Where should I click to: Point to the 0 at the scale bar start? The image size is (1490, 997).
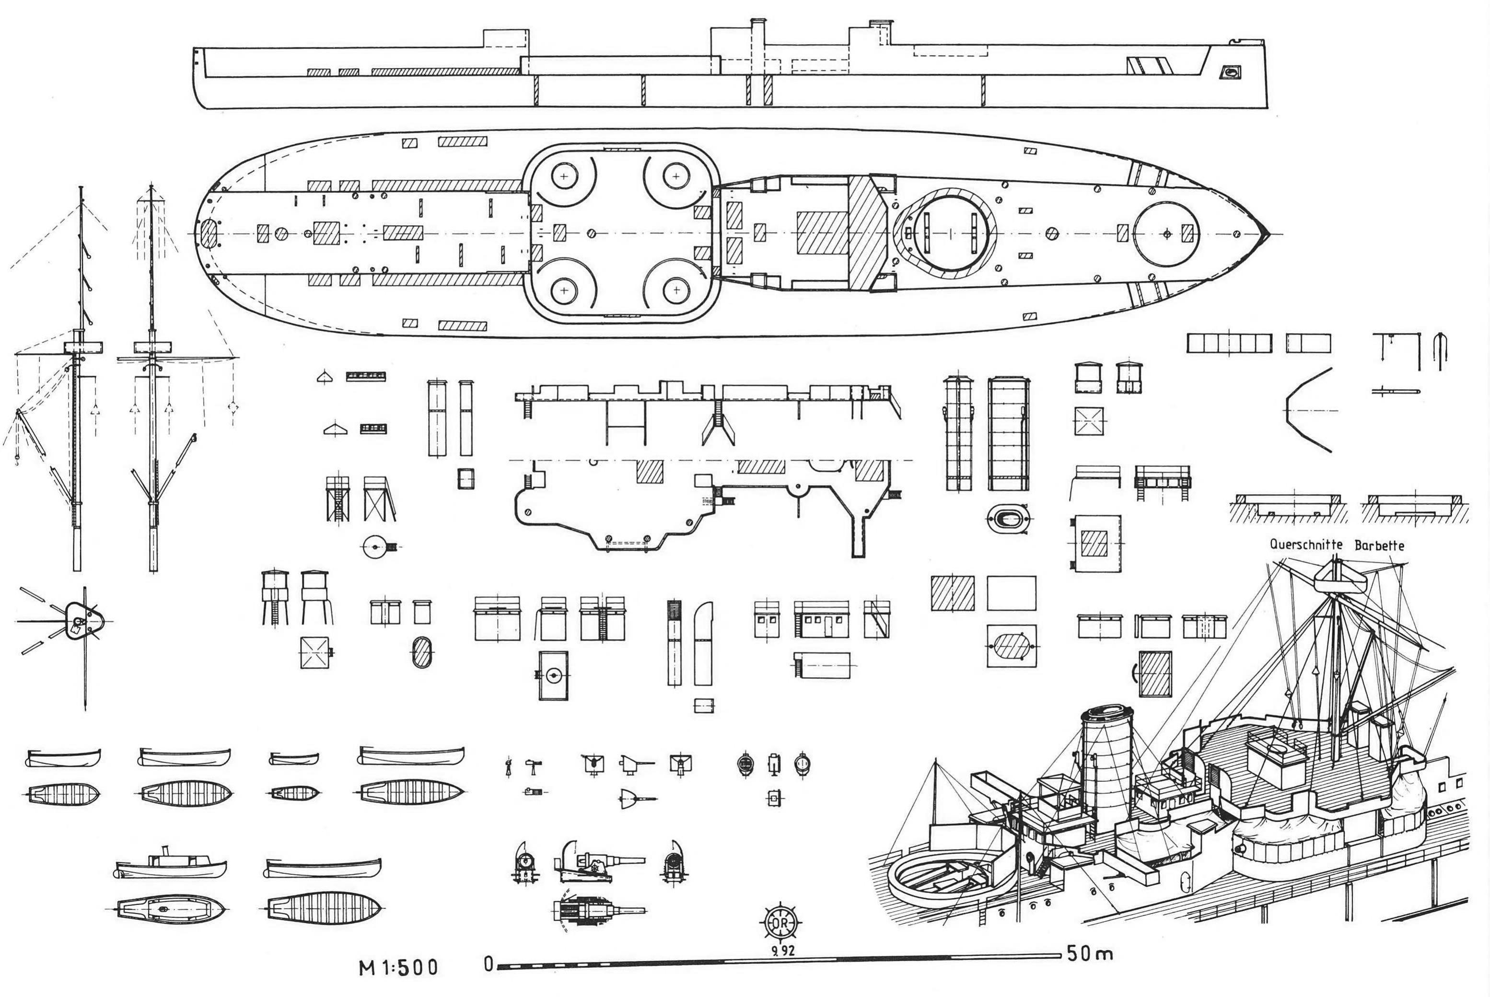click(x=488, y=964)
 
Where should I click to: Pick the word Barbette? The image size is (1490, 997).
click(x=1379, y=545)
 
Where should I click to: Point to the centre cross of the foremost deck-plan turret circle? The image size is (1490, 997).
click(x=1166, y=234)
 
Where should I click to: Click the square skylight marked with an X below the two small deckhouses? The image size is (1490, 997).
click(x=1089, y=421)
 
